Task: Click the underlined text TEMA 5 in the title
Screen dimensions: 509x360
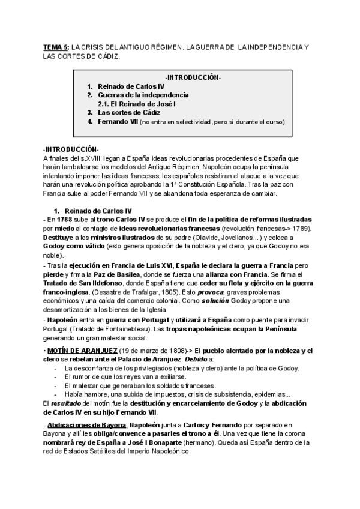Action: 56,46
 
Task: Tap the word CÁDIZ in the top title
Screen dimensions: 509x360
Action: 107,57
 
